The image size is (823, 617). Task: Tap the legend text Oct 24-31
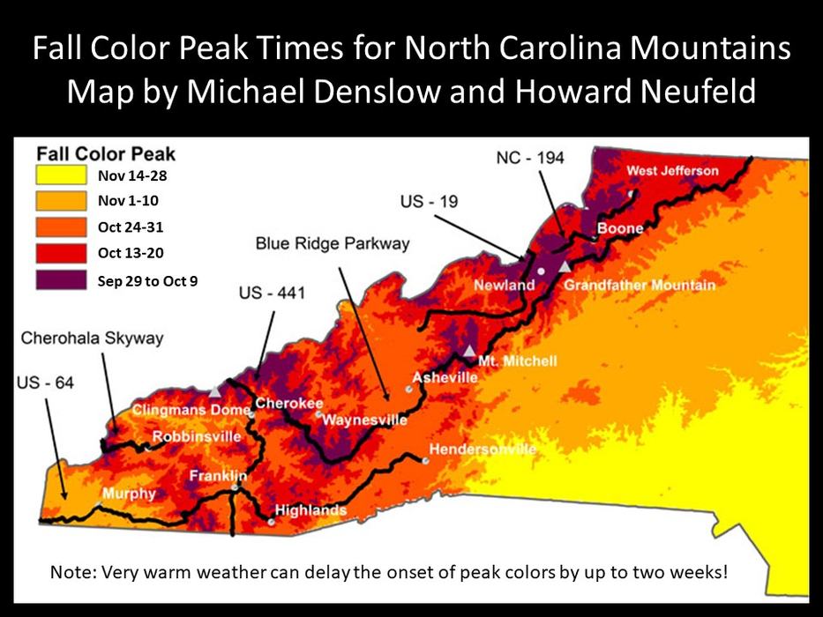(131, 227)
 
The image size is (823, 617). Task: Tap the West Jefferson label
(672, 170)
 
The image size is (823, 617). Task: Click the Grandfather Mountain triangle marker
(565, 265)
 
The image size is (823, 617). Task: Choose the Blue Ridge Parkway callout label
(323, 242)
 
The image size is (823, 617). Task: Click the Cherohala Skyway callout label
(93, 338)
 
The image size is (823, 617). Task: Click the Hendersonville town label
(483, 450)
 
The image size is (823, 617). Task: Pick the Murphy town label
(129, 494)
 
